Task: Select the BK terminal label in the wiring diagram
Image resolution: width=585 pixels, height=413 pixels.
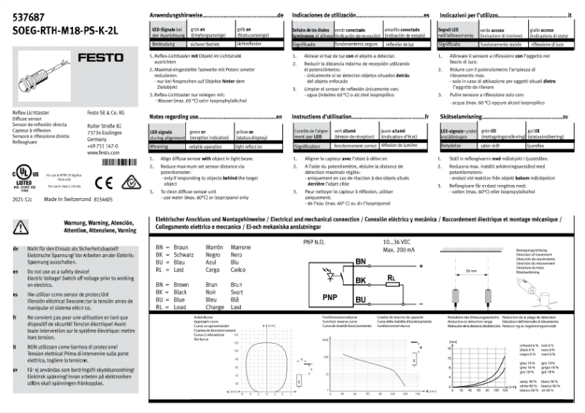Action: click(360, 280)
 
